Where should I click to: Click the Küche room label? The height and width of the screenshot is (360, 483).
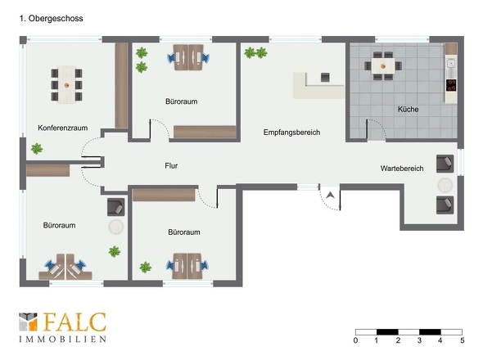(408, 110)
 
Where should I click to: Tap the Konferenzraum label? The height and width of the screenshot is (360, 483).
(62, 128)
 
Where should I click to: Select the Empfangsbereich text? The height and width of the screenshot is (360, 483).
(291, 133)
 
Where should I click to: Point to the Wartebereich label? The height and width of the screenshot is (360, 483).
(402, 169)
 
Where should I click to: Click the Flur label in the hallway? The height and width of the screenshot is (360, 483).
(171, 165)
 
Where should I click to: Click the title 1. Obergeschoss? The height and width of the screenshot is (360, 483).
(51, 19)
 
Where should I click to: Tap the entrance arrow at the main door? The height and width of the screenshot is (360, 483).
(331, 195)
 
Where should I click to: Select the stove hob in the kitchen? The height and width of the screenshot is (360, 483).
(451, 85)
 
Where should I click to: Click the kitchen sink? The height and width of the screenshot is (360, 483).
(451, 64)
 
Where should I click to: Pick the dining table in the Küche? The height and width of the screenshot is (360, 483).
(383, 66)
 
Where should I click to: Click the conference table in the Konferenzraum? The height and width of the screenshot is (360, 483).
(66, 84)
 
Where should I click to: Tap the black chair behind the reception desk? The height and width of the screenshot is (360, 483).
(325, 77)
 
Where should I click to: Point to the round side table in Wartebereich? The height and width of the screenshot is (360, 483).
(445, 186)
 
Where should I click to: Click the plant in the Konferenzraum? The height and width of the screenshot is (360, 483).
(37, 149)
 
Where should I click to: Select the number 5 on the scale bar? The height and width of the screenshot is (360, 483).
(462, 340)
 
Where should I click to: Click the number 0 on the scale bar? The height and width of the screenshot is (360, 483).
(355, 340)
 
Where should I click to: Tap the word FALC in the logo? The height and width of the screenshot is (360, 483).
(74, 322)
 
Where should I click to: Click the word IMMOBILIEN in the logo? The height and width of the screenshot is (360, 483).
(63, 339)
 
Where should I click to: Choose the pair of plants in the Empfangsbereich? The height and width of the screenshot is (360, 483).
(255, 52)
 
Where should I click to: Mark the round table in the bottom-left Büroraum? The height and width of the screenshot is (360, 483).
(116, 227)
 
